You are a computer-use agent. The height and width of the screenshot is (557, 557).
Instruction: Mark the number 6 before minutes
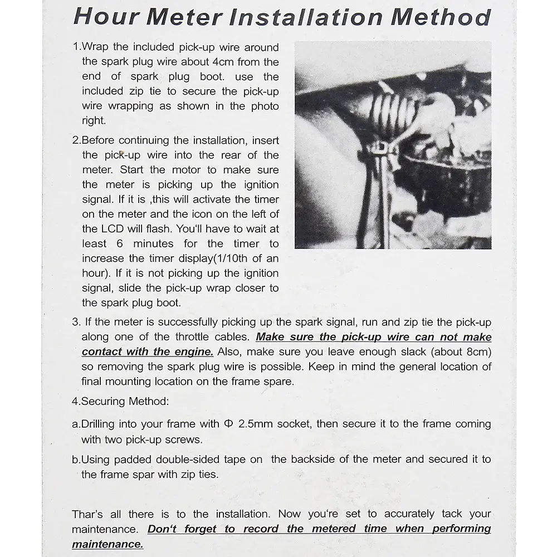point(120,244)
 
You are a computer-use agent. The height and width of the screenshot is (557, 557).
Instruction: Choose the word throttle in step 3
point(185,337)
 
